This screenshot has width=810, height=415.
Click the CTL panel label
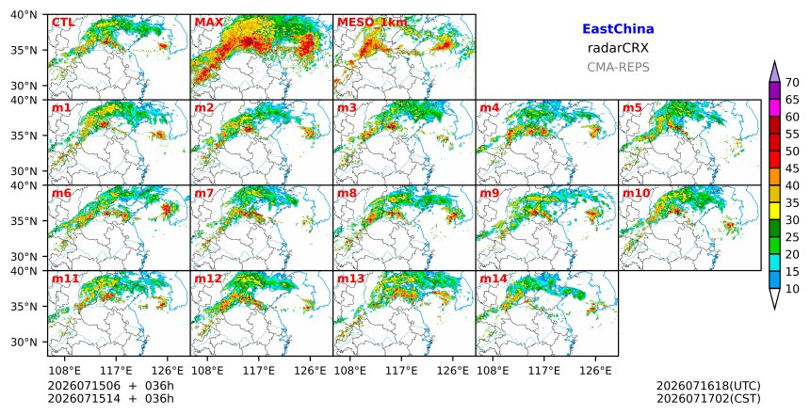click(63, 23)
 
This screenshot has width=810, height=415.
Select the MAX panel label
click(209, 23)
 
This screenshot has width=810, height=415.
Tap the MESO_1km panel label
click(372, 23)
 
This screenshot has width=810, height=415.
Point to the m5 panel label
click(632, 108)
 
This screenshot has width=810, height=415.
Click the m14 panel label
click(494, 279)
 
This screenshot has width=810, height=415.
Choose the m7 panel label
click(204, 193)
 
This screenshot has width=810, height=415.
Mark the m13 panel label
click(350, 279)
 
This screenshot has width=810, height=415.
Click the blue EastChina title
click(618, 29)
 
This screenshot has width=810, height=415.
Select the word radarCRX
click(618, 49)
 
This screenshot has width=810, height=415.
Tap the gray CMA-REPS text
click(618, 67)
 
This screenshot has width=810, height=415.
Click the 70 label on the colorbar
click(792, 83)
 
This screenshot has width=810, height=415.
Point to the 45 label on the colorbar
click(792, 168)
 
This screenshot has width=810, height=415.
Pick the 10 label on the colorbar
click(792, 289)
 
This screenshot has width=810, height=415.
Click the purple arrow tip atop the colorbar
click(774, 62)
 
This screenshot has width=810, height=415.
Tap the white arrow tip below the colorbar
click(774, 309)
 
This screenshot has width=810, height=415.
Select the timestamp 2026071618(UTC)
click(708, 386)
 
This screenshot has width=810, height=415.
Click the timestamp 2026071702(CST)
click(708, 398)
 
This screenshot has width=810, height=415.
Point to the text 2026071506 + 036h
click(110, 386)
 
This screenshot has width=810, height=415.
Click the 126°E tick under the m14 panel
click(595, 371)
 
